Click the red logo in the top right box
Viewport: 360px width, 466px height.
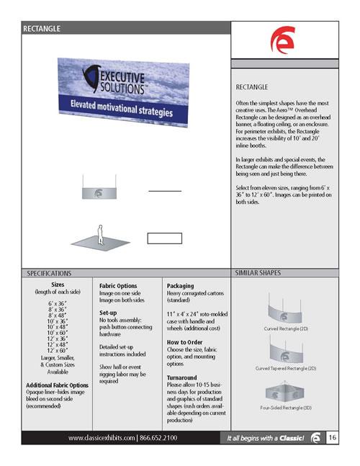click(x=281, y=42)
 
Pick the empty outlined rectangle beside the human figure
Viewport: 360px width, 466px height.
click(x=165, y=238)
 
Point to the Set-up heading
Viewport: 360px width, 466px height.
click(x=113, y=314)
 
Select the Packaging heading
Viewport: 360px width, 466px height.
click(x=181, y=285)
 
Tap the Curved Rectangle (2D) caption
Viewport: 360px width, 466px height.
click(x=287, y=329)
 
